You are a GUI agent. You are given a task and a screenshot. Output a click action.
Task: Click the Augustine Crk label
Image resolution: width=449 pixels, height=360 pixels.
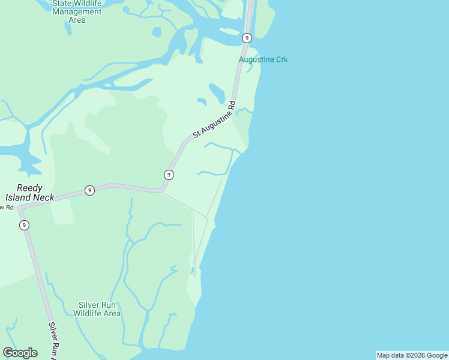coord(263,59)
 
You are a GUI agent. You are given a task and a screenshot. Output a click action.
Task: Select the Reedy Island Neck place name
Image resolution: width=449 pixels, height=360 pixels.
coord(30,193)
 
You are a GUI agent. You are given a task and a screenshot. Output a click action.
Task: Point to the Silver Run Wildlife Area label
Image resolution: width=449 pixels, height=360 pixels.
coord(97,309)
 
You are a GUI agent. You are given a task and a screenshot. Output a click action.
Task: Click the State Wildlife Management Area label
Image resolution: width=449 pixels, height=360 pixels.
coord(77,11)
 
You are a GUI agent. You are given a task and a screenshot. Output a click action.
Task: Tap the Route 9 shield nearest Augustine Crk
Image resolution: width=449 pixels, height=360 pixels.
coord(247,38)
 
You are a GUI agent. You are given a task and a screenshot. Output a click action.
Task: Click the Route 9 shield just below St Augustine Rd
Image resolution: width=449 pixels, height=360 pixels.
coord(169,175)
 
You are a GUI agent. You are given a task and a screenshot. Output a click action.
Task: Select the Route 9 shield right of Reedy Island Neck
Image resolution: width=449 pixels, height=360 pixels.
coord(89,190)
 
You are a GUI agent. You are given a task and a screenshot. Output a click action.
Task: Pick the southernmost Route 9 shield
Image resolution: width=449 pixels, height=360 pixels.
coord(24,225)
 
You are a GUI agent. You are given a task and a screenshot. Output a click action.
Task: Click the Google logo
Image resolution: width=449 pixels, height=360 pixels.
coord(20,353)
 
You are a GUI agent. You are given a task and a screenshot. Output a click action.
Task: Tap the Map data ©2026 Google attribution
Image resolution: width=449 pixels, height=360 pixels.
coord(412,355)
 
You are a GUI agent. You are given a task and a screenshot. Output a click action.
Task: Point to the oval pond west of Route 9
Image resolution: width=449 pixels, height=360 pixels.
coord(217,93)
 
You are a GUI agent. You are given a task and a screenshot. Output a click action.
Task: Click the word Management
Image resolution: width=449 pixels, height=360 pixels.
coord(77,11)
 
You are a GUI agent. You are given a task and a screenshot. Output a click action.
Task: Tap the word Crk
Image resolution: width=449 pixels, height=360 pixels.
coord(281,59)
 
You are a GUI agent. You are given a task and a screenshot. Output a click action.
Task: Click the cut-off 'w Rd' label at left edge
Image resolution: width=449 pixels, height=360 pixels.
coord(7,208)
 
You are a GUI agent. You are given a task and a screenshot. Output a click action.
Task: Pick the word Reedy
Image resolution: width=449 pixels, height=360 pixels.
coord(30,188)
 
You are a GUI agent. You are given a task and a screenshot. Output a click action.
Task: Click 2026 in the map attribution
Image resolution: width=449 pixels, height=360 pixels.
coord(412,355)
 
